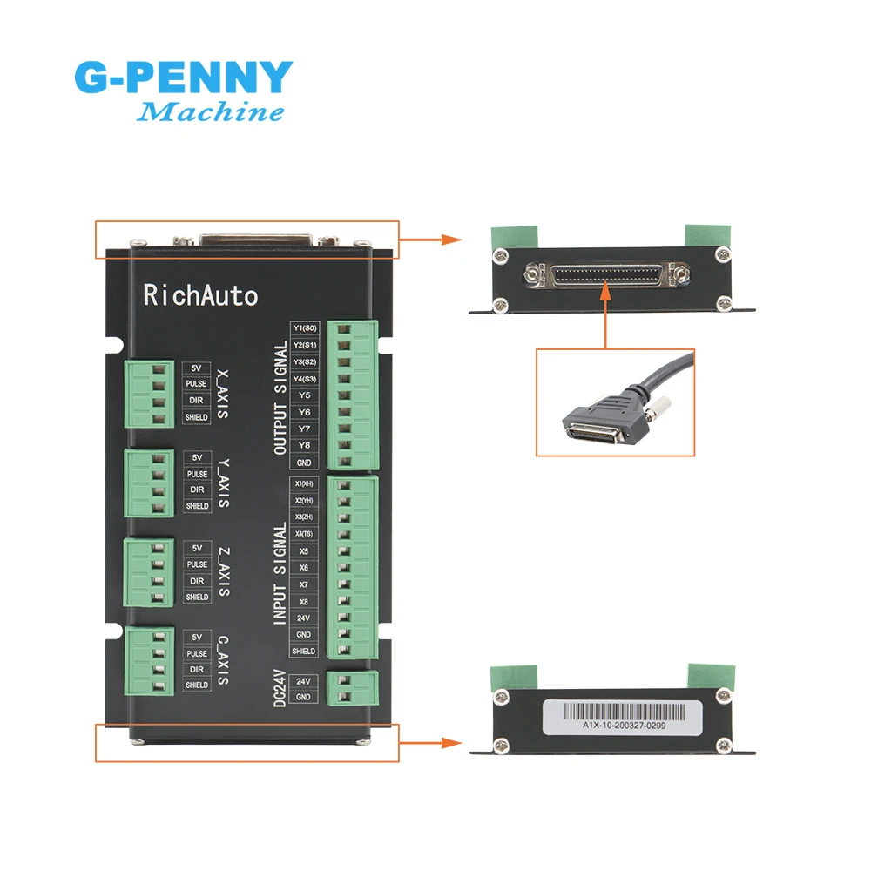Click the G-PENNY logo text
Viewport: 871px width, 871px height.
click(x=183, y=78)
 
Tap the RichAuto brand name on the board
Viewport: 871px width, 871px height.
click(x=200, y=295)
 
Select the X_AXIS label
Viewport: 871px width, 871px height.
click(x=223, y=391)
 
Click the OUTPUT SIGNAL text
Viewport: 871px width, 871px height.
click(x=280, y=397)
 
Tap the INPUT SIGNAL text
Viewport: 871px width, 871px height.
click(x=280, y=573)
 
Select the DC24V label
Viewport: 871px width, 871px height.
click(x=280, y=688)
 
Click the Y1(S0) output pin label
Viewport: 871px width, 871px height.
click(x=306, y=327)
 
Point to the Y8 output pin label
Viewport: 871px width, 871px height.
click(x=305, y=445)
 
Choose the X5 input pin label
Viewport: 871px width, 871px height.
click(x=304, y=550)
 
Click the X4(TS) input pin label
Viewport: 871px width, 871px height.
click(x=304, y=534)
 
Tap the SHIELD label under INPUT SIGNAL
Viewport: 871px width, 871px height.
click(x=304, y=651)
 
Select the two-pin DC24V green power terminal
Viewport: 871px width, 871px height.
click(x=351, y=688)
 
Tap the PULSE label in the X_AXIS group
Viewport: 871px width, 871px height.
click(x=197, y=383)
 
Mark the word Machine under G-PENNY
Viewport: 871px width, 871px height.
click(x=212, y=111)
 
